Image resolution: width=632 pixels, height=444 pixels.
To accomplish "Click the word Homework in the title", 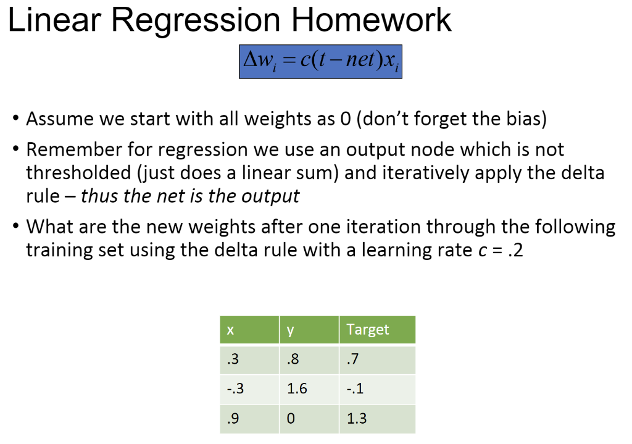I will (372, 20).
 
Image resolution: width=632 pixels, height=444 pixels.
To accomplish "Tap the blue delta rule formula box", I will (321, 61).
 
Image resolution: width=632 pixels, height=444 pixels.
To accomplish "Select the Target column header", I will (376, 330).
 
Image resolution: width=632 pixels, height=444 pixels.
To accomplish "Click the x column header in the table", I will (249, 330).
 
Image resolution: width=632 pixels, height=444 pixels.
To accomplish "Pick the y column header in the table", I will (309, 330).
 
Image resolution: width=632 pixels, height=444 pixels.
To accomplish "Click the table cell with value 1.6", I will (309, 389).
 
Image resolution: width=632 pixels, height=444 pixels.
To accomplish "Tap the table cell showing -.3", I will (249, 389).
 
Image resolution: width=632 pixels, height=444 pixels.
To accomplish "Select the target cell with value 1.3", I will (376, 419).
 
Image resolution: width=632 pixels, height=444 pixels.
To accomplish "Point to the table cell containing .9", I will (249, 419).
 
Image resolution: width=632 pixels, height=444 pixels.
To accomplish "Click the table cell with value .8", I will (309, 359).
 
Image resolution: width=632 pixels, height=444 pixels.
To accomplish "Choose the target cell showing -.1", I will (376, 389).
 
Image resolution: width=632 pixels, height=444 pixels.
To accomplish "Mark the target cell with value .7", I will (376, 359).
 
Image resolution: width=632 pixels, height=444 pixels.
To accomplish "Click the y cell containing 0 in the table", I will (309, 419).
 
